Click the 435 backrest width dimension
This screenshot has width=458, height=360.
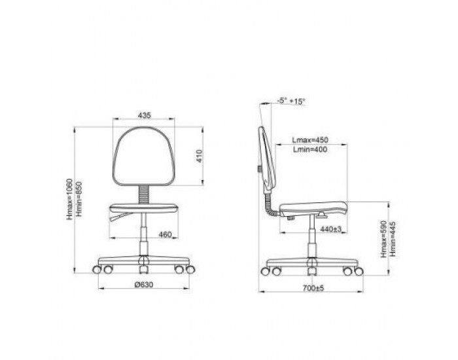tap(145, 115)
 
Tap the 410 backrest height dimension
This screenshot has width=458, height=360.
tap(199, 156)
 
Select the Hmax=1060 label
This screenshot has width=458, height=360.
tap(69, 199)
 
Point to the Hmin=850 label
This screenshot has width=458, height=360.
tap(79, 199)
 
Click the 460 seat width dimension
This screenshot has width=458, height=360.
tap(165, 234)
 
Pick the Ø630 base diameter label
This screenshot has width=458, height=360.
tap(144, 284)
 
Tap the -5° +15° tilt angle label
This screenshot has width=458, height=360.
tap(291, 101)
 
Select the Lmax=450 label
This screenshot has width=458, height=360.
tap(310, 140)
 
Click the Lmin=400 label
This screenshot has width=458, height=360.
tap(310, 150)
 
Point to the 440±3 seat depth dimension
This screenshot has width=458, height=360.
tap(330, 229)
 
